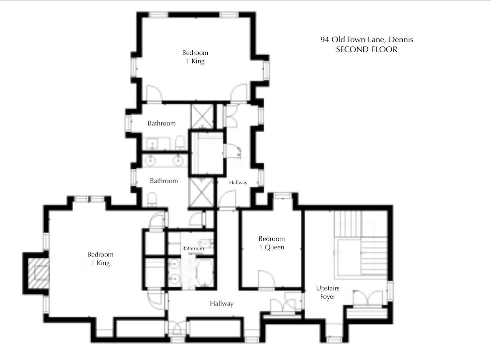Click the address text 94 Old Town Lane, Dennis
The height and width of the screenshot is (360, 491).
click(367, 39)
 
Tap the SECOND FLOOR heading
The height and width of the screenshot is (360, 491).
click(367, 49)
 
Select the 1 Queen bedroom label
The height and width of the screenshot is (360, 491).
click(272, 247)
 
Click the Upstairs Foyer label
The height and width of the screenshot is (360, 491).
click(328, 292)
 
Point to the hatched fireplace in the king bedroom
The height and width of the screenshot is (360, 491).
click(39, 273)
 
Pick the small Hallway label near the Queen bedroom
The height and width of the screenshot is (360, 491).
click(238, 182)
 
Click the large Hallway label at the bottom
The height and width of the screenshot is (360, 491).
click(222, 304)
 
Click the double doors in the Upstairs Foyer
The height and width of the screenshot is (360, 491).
click(369, 298)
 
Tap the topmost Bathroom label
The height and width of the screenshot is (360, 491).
click(162, 123)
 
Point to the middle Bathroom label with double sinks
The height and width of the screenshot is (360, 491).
click(164, 181)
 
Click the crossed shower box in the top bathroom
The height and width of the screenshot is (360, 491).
click(202, 116)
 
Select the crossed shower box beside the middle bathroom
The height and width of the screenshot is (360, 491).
click(201, 193)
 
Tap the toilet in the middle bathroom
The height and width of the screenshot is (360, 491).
click(152, 199)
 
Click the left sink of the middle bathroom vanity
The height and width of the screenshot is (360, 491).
click(150, 160)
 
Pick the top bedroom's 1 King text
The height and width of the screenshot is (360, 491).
click(195, 61)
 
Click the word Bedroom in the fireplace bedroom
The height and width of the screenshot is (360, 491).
click(100, 254)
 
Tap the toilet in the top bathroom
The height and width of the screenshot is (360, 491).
click(180, 142)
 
